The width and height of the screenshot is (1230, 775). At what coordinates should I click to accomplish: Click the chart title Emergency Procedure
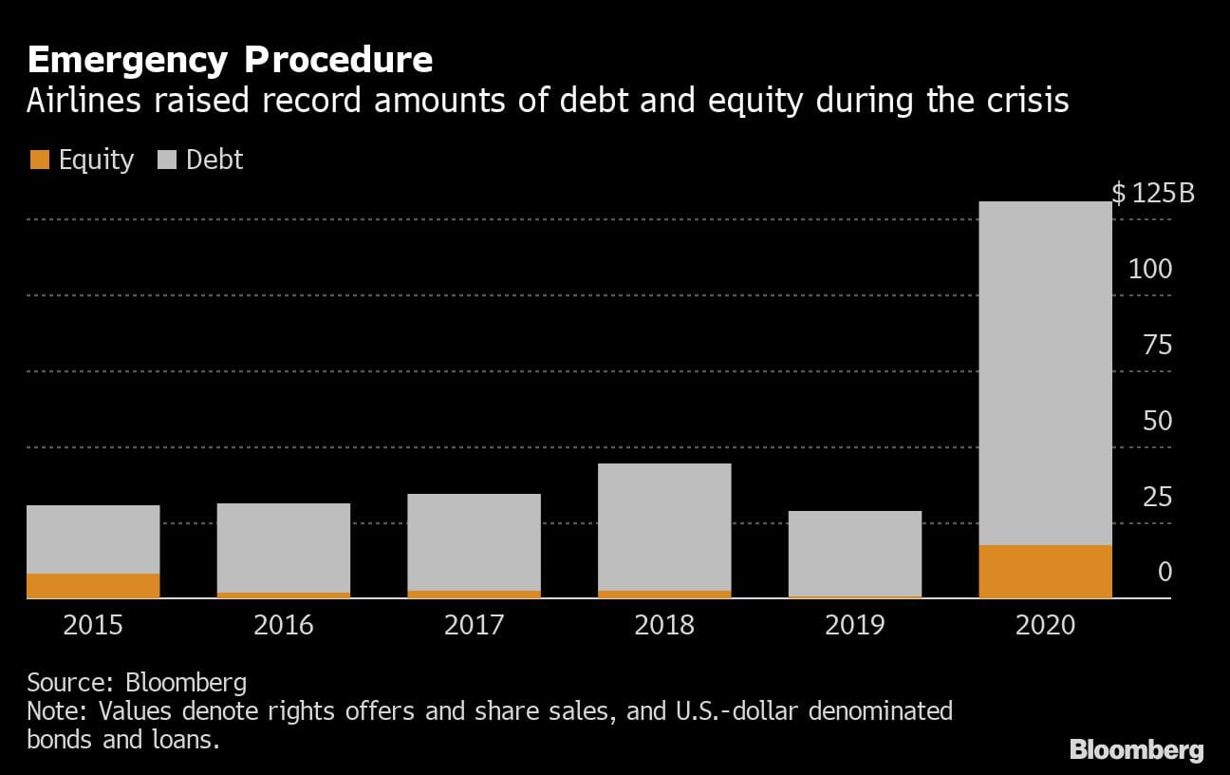click(x=230, y=60)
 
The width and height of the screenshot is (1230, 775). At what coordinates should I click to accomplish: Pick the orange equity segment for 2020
click(x=1045, y=571)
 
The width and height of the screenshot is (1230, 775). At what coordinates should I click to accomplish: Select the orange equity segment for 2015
click(x=93, y=585)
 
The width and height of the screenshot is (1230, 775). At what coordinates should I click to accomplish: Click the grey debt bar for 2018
click(x=664, y=526)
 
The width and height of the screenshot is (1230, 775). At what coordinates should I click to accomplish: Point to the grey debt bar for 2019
click(x=855, y=553)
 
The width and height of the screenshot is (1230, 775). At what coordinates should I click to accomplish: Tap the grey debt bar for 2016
click(x=284, y=547)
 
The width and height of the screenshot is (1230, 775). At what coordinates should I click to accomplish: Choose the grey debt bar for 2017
click(x=475, y=541)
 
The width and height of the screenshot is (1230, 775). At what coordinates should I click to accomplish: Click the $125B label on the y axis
click(x=1153, y=194)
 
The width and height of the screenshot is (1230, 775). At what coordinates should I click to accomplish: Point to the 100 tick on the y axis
click(x=1150, y=269)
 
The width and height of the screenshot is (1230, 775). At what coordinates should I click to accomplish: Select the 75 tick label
click(x=1157, y=345)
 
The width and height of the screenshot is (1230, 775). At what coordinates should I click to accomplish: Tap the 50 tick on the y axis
click(x=1157, y=421)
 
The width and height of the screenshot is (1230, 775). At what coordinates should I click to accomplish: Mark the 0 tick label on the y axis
click(x=1165, y=573)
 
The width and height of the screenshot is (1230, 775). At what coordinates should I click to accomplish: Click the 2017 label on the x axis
click(x=475, y=625)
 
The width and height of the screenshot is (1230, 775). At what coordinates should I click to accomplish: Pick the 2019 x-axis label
click(x=855, y=625)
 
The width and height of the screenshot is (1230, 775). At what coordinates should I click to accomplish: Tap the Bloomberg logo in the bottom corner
click(x=1136, y=750)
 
